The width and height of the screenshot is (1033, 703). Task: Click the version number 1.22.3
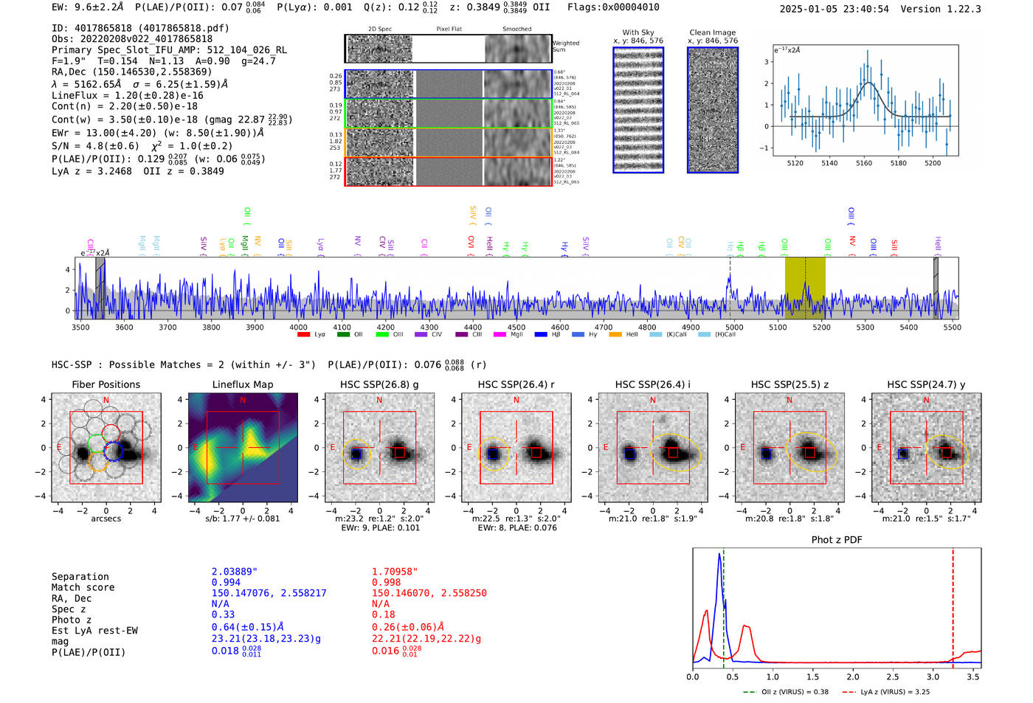[958, 9]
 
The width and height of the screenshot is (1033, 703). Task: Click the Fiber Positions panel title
[106, 384]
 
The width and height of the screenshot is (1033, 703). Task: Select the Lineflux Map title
[243, 384]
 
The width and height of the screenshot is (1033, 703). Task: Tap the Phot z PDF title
[837, 539]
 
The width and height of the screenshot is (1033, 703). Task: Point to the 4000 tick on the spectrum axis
[298, 327]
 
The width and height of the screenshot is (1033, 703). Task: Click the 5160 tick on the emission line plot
[864, 163]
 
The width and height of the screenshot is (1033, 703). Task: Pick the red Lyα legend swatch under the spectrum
[303, 335]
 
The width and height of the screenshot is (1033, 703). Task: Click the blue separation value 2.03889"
[235, 572]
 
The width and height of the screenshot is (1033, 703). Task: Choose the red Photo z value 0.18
[384, 614]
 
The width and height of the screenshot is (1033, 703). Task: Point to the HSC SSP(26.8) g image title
[379, 384]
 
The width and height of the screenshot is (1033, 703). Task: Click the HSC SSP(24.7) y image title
[926, 384]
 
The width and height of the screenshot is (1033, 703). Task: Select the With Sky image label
[638, 32]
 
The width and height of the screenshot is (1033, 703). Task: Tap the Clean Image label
[712, 32]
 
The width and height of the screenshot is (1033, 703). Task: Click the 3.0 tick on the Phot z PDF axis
[933, 676]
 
